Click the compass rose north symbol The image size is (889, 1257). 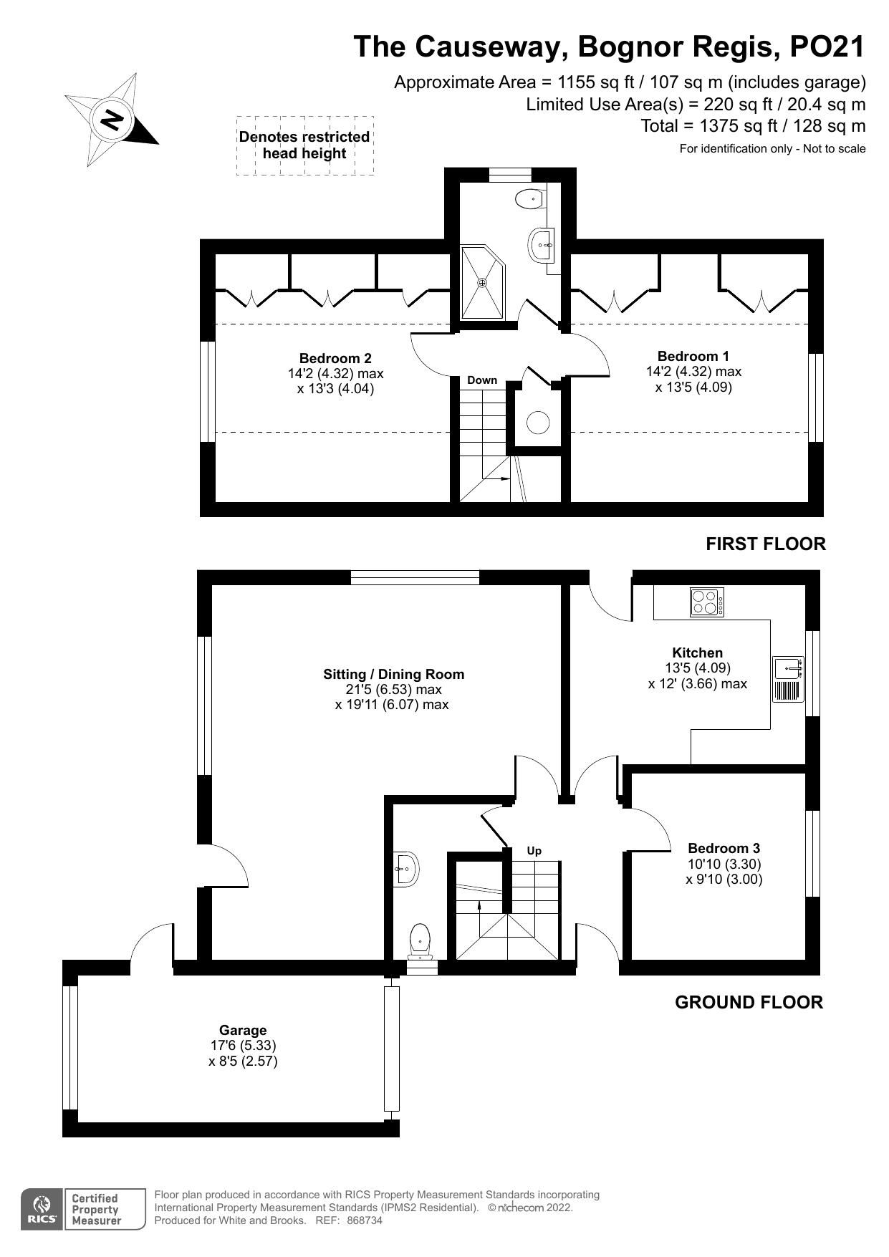click(x=112, y=119)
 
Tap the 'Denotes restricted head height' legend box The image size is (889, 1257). click(x=305, y=145)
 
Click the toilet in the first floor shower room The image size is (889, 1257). click(x=529, y=199)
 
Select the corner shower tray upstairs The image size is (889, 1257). click(x=484, y=282)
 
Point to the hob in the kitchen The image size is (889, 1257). click(x=707, y=602)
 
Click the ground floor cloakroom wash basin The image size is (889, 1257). click(x=405, y=870)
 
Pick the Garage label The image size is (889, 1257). click(x=244, y=1030)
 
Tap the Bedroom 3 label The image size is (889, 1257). click(x=724, y=848)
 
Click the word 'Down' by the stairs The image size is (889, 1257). click(x=482, y=380)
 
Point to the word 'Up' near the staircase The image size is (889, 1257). click(x=534, y=851)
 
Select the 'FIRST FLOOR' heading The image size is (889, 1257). click(x=766, y=544)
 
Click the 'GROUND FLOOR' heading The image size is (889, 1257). click(x=749, y=1002)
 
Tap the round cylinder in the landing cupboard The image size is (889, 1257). click(x=538, y=423)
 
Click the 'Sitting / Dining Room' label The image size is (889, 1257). click(x=393, y=674)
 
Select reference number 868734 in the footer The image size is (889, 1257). click(x=365, y=1220)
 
